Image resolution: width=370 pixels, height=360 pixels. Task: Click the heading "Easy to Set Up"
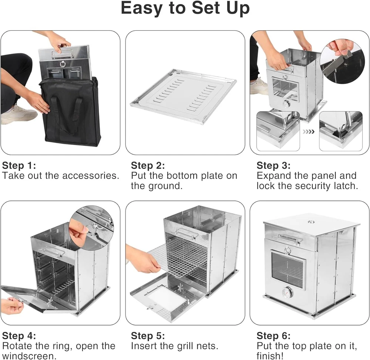[185, 8]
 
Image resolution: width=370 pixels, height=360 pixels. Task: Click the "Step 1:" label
[19, 165]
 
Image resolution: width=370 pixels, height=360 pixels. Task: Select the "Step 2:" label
[148, 165]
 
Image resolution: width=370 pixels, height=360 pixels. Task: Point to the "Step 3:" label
[273, 165]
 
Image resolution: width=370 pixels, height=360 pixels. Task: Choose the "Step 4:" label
[19, 336]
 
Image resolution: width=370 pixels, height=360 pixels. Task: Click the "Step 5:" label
[148, 336]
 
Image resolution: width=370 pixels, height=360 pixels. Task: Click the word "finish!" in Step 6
[270, 356]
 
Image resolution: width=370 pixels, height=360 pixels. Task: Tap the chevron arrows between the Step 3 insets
[309, 132]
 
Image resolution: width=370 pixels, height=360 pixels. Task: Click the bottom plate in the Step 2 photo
[184, 97]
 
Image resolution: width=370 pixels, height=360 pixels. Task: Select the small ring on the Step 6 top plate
[311, 222]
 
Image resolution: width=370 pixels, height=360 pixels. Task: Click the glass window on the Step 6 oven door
[287, 270]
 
